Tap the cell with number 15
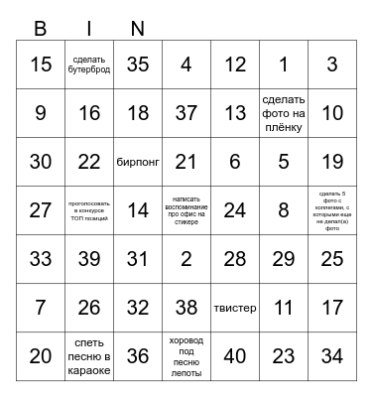pos(41,65)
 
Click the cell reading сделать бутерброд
pos(89,65)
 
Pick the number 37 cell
pos(186,113)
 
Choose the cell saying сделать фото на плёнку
pos(284,113)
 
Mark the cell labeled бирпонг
pos(138,162)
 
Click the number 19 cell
pos(332,162)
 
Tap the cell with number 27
pos(41,210)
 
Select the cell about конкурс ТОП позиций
pos(89,210)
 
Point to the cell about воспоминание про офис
pos(186,210)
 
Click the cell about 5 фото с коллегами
pos(332,210)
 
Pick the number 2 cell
pos(186,259)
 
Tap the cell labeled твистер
pos(235,308)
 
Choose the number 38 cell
pos(186,308)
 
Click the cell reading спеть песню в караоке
pos(89,356)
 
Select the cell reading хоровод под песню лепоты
pos(186,356)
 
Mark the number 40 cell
pos(235,356)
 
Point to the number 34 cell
pos(332,356)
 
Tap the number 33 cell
pos(41,259)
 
